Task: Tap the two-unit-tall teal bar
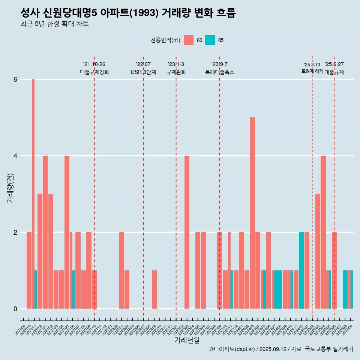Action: click(301, 270)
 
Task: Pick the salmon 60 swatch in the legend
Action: click(189, 40)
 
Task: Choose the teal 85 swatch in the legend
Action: click(210, 40)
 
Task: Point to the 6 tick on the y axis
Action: click(15, 79)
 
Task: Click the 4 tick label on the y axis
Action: click(15, 156)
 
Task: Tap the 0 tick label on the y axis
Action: click(15, 309)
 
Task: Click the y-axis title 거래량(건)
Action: click(10, 187)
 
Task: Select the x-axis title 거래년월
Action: click(187, 340)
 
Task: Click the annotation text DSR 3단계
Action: click(143, 72)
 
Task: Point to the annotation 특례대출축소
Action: click(220, 72)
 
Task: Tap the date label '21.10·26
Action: click(94, 64)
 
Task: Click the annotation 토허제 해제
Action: click(312, 71)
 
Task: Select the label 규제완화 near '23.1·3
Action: click(176, 72)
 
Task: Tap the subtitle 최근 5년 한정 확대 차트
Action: click(54, 24)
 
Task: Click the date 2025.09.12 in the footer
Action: click(273, 349)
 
